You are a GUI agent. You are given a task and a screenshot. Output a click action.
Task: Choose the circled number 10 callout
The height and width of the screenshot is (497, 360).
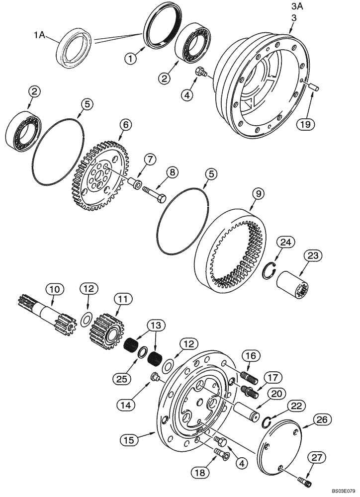[x=55, y=288]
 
